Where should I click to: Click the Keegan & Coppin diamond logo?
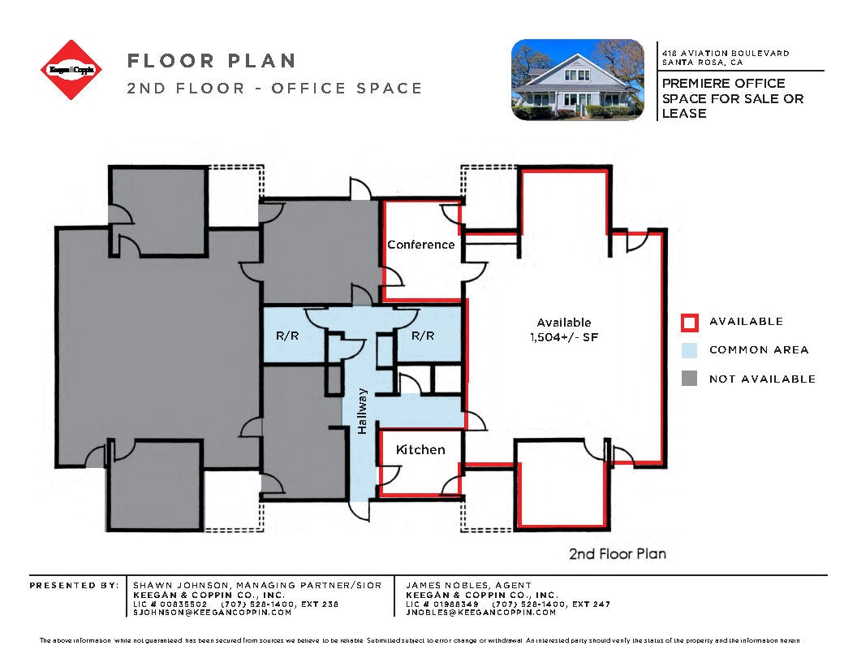tap(73, 70)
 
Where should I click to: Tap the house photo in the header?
tap(577, 80)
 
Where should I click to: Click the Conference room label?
tap(420, 245)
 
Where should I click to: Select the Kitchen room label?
tap(420, 449)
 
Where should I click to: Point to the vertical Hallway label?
tap(363, 410)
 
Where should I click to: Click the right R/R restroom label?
tap(422, 336)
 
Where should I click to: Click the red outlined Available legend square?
tap(689, 323)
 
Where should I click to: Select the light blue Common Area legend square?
tap(689, 350)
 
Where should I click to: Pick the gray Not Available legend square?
tap(689, 379)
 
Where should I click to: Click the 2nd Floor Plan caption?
tap(617, 554)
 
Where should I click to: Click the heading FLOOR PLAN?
tap(211, 61)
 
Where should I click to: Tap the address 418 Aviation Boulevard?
tap(726, 53)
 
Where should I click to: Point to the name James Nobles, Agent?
tap(468, 585)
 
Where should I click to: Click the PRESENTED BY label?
tap(74, 585)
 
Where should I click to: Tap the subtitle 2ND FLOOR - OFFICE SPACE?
tap(274, 89)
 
